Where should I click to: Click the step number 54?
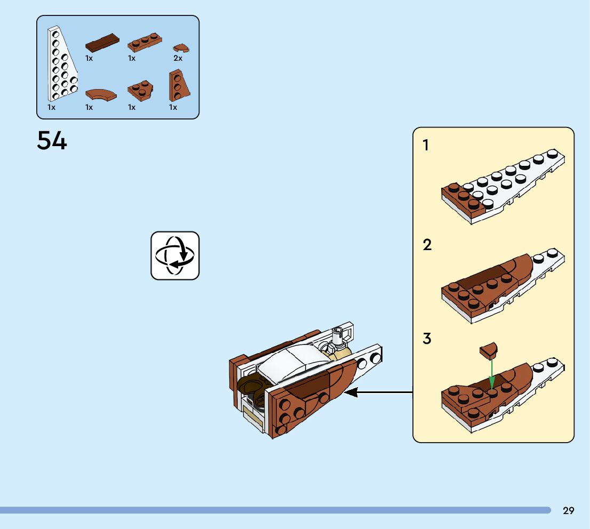tap(52, 141)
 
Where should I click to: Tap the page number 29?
tap(569, 511)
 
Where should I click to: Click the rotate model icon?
tap(175, 255)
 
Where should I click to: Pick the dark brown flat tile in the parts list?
tap(102, 43)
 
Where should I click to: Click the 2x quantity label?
tap(178, 58)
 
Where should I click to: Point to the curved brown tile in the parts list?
tap(100, 95)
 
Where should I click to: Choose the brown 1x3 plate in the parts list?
tap(145, 41)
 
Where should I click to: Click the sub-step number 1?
tap(426, 145)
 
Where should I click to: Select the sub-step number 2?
tap(427, 245)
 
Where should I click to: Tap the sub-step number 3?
tap(427, 339)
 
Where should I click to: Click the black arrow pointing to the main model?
tap(379, 393)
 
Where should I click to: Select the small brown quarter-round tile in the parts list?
tap(181, 48)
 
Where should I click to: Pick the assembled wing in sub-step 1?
tap(501, 187)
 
